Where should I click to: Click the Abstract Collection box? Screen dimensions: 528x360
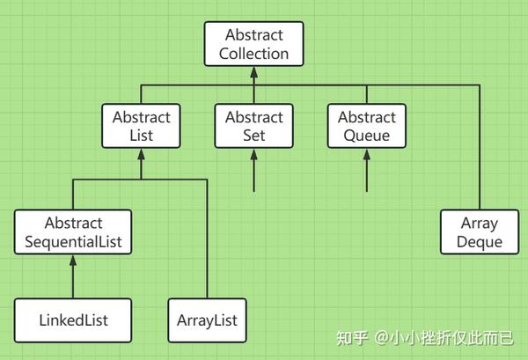254,44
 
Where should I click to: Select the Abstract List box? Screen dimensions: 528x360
141,126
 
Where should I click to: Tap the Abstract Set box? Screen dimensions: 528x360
254,126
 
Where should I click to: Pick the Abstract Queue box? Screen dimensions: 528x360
367,126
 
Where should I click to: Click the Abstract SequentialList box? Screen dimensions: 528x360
73,232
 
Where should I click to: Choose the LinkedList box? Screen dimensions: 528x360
73,320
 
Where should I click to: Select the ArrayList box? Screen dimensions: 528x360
207,320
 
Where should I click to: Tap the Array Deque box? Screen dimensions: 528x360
480,232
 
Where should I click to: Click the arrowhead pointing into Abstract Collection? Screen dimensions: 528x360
254,72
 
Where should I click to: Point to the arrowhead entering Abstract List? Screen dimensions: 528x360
141,154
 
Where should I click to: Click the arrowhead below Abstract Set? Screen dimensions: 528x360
254,154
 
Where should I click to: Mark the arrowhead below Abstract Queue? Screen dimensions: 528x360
367,154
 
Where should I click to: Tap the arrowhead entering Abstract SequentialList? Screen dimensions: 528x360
73,261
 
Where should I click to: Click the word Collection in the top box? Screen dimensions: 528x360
254,54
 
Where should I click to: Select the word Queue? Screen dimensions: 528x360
367,136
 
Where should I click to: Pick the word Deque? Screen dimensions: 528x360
480,242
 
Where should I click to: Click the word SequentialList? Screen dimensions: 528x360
73,242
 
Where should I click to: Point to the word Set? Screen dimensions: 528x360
254,136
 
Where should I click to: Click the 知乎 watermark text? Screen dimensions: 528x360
351,338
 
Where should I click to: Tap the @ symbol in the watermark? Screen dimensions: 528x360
382,338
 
